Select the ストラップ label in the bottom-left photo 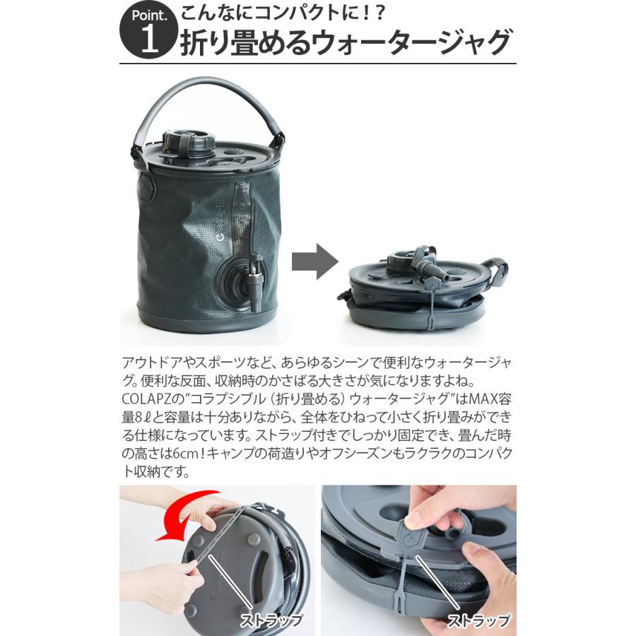pyautogui.click(x=272, y=620)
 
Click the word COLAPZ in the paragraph pyautogui.click(x=144, y=399)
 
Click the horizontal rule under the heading pyautogui.click(x=318, y=64)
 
